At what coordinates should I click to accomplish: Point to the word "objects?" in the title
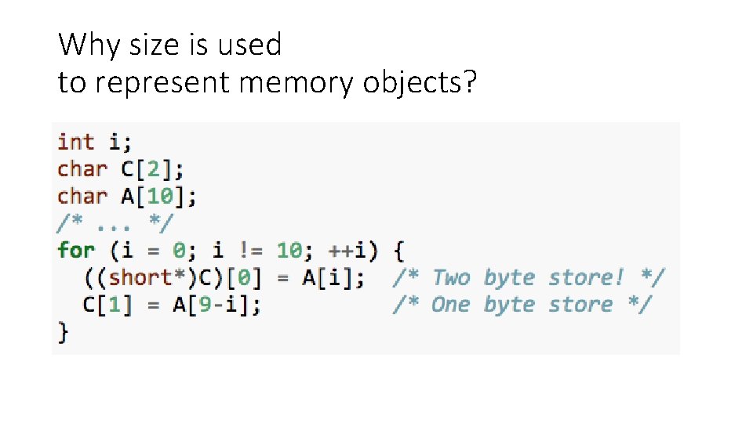pos(420,83)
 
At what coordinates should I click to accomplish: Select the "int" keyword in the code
pos(75,143)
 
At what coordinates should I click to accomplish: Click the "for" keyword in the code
pos(75,251)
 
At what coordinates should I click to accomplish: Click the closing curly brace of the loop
pos(63,332)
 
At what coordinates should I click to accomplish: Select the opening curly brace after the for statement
pos(398,251)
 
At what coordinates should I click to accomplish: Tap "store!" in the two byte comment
pos(580,278)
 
